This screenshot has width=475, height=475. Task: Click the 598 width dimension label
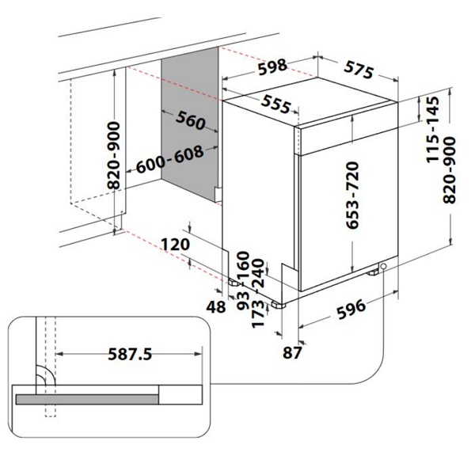point(272,67)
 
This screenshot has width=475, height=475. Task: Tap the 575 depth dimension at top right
point(359,70)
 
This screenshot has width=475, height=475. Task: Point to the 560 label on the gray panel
point(191,120)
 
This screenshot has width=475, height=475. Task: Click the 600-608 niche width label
point(169,159)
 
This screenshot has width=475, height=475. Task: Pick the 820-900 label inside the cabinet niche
point(113,155)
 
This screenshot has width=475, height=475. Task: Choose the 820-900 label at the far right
point(449,170)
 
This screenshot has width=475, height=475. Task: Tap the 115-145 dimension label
point(433,130)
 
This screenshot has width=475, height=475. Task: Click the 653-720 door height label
point(352,196)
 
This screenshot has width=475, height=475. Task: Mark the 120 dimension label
point(176,244)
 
